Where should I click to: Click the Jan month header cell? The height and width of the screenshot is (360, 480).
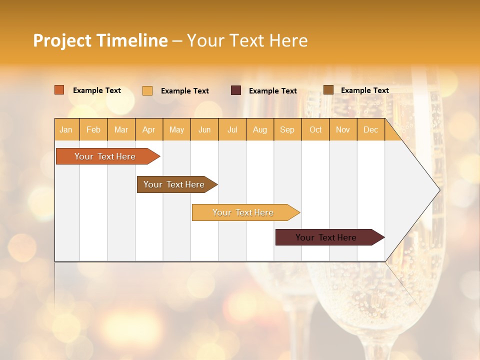pyautogui.click(x=66, y=129)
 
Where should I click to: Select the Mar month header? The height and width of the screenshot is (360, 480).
pyautogui.click(x=121, y=129)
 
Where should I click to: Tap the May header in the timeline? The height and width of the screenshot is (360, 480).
pyautogui.click(x=176, y=129)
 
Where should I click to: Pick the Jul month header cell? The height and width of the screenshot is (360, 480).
pyautogui.click(x=232, y=129)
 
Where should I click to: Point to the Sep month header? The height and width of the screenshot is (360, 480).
pyautogui.click(x=287, y=129)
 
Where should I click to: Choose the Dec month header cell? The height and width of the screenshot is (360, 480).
pyautogui.click(x=370, y=129)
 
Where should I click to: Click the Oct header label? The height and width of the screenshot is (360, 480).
pyautogui.click(x=315, y=129)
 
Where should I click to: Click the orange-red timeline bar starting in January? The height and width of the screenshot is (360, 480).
pyautogui.click(x=105, y=156)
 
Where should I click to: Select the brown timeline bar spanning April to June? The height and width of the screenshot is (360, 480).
pyautogui.click(x=174, y=184)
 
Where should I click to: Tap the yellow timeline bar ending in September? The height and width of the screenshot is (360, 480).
pyautogui.click(x=243, y=212)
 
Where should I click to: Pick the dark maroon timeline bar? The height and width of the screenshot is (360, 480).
pyautogui.click(x=326, y=237)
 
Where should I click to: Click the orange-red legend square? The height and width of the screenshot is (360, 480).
pyautogui.click(x=59, y=90)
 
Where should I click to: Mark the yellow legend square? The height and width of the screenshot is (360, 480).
pyautogui.click(x=147, y=90)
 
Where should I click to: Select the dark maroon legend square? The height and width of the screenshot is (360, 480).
pyautogui.click(x=236, y=90)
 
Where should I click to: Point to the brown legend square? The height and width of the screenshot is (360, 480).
pyautogui.click(x=328, y=90)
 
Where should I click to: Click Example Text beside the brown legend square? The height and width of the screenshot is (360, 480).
pyautogui.click(x=364, y=90)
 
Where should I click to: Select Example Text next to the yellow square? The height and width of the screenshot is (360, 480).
pyautogui.click(x=184, y=91)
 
